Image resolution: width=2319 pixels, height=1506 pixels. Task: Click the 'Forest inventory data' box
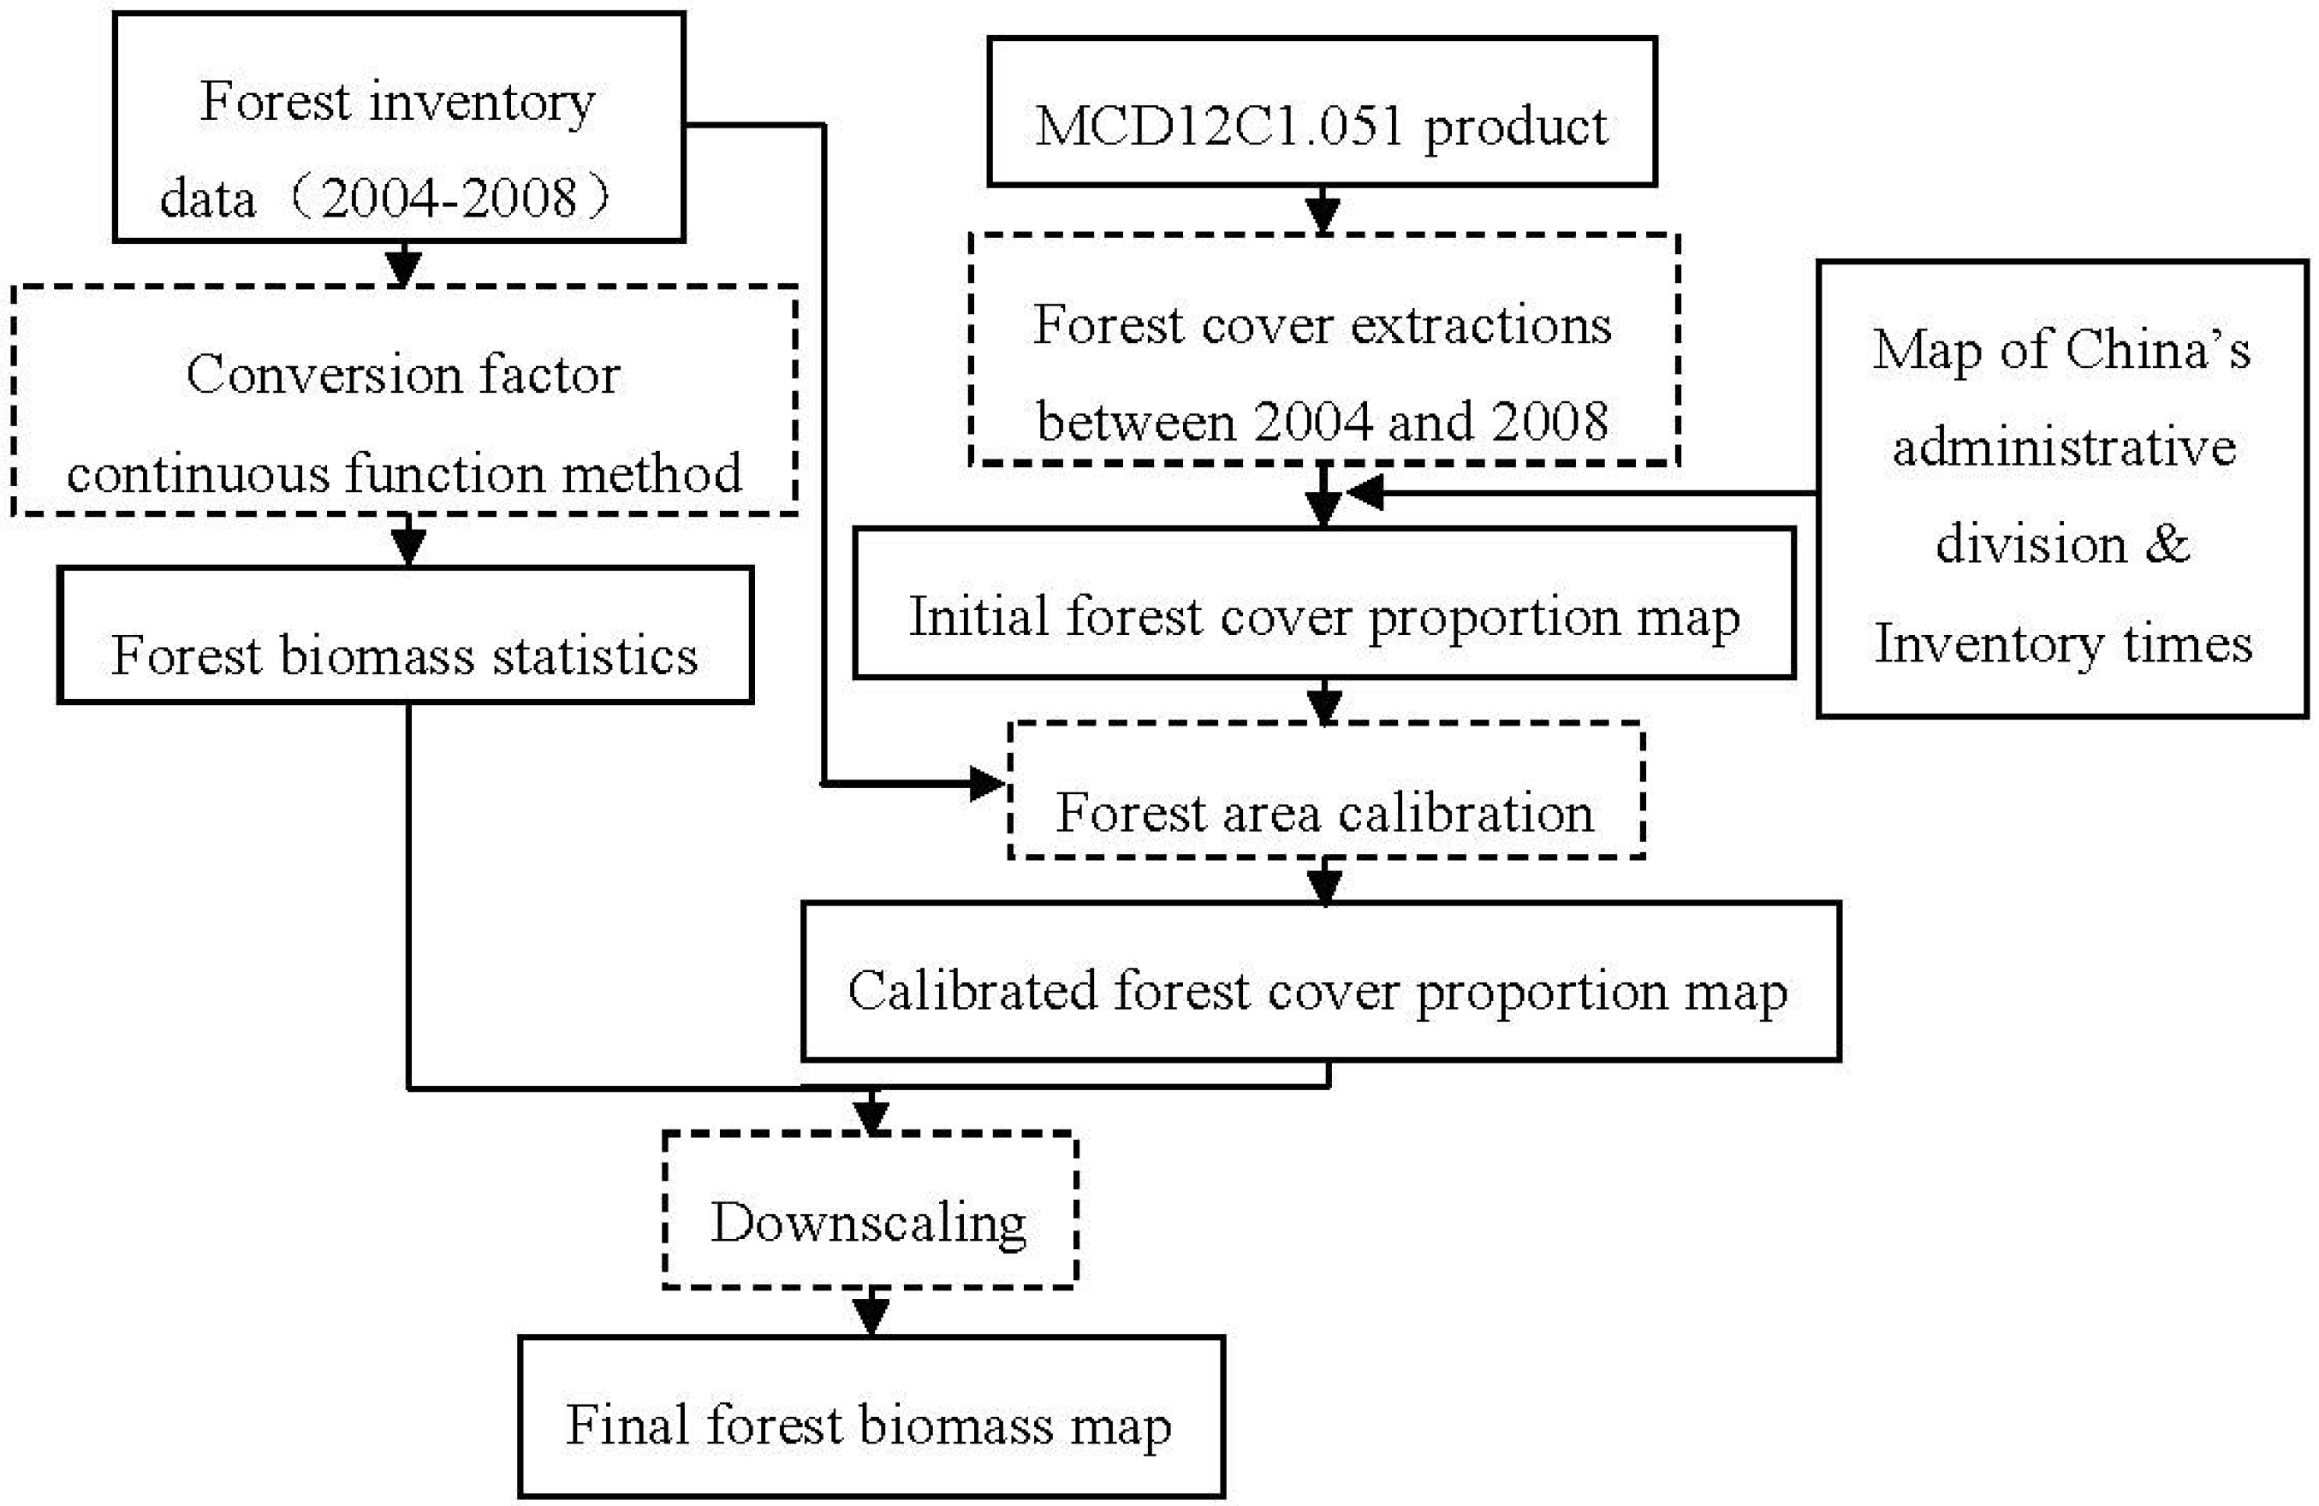[x=399, y=127]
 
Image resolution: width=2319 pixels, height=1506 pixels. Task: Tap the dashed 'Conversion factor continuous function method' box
[x=404, y=400]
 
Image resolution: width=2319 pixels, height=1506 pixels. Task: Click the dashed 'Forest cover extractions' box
[x=1323, y=349]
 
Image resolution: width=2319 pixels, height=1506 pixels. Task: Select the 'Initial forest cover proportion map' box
[x=1323, y=603]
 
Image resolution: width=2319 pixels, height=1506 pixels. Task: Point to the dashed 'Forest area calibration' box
[x=1325, y=790]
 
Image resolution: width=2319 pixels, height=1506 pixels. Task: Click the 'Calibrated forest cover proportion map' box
[x=1320, y=981]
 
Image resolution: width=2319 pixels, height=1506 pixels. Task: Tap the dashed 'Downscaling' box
[x=869, y=1210]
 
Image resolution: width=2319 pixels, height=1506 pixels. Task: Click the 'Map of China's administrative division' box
[x=2062, y=489]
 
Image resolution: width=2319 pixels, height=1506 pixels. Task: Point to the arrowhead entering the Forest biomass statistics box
[x=407, y=547]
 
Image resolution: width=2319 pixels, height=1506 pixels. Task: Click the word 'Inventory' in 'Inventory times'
[x=1988, y=643]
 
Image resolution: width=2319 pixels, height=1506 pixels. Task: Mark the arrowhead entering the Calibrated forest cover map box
[x=1323, y=885]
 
